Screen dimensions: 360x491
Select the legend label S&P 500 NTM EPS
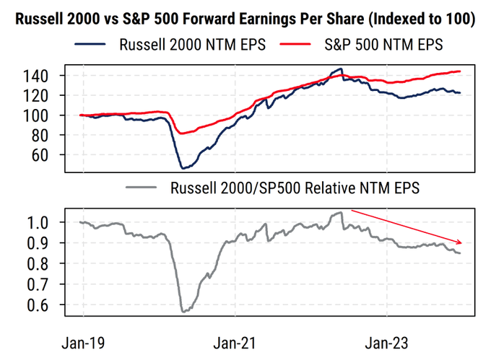click(383, 45)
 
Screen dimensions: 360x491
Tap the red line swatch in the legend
click(300, 45)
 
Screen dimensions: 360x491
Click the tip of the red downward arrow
click(461, 243)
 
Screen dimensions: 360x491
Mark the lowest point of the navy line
click(183, 168)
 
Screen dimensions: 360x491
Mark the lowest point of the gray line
click(183, 312)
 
